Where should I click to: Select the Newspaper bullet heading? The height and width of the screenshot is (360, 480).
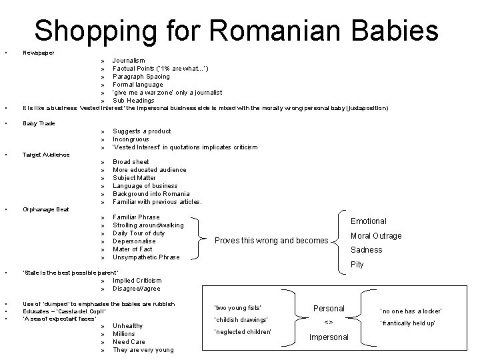(x=38, y=52)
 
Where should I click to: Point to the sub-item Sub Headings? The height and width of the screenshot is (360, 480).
(x=133, y=101)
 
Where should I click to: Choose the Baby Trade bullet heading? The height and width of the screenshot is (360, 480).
(x=39, y=123)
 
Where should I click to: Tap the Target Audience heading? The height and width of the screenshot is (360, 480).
(x=45, y=155)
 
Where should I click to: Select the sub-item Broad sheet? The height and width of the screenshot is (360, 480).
(x=131, y=162)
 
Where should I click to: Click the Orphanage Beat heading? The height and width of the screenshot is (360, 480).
(x=45, y=209)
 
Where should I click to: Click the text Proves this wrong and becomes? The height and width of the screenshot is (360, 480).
(x=271, y=241)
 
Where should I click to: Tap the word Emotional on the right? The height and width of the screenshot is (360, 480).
(x=369, y=221)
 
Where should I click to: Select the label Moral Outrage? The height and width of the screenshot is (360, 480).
(x=376, y=236)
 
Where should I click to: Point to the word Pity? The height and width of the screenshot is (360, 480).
(x=357, y=265)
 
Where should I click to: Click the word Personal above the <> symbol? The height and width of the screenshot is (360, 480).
(x=329, y=308)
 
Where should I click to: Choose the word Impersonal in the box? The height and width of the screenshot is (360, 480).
(x=328, y=337)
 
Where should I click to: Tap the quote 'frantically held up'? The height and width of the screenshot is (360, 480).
(x=408, y=323)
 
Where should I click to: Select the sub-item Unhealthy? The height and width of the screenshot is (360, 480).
(x=127, y=326)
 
